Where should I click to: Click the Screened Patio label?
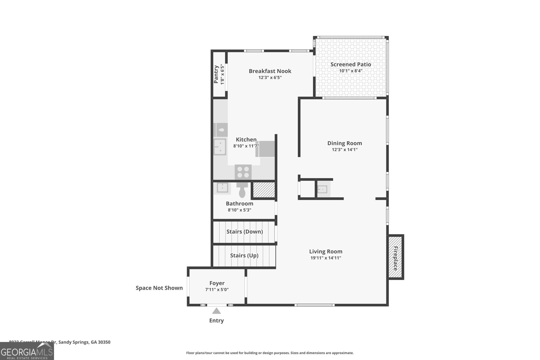tap(351, 64)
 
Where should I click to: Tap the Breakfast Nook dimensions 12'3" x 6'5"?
tap(270, 78)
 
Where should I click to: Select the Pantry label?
tap(216, 74)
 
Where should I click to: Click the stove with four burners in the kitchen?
tap(243, 172)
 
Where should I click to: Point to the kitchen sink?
tap(220, 147)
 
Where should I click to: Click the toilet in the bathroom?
tap(242, 191)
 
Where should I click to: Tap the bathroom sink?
tap(222, 188)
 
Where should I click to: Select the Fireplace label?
tap(396, 258)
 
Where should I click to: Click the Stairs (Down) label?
tap(244, 232)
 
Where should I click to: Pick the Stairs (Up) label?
tap(244, 255)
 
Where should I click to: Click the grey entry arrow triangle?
tap(216, 311)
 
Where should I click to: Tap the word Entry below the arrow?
tap(216, 321)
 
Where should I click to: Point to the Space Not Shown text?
tap(159, 288)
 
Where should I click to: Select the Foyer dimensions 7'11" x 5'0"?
tap(217, 289)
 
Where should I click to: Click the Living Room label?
tap(326, 251)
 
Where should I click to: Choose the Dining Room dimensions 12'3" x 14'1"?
tap(345, 149)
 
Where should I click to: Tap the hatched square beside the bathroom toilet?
tap(264, 190)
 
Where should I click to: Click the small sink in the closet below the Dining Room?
tap(322, 189)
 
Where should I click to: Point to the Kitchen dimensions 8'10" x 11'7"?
tap(246, 146)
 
